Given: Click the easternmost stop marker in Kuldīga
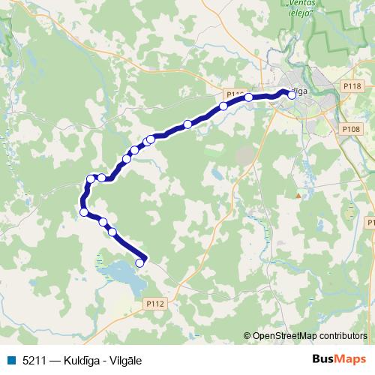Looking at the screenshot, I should (292, 95).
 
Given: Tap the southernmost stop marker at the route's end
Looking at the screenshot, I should (139, 262).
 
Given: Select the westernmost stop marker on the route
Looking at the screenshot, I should (84, 212).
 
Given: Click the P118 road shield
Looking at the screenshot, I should (352, 87).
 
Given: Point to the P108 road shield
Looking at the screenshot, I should (351, 130).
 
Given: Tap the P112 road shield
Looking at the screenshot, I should (155, 304).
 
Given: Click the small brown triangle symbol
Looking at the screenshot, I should (298, 196).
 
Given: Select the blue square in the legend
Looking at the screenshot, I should (10, 360).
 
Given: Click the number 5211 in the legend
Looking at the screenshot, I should (34, 360).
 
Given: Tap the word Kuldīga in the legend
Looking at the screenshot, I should (82, 360).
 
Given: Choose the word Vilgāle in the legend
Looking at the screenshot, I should (125, 360).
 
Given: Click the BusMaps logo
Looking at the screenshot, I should (338, 359).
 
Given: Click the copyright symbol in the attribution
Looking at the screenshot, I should (247, 336).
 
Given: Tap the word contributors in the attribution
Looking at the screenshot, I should (341, 336).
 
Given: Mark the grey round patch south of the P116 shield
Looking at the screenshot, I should (245, 155).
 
